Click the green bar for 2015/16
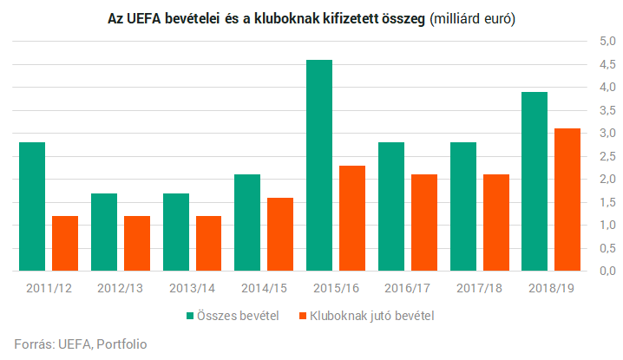(x=319, y=165)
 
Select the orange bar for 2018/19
(x=567, y=200)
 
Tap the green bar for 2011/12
(x=32, y=206)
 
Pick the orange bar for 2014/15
(x=280, y=234)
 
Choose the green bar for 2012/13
(x=104, y=232)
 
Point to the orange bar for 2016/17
(x=424, y=222)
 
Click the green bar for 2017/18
(x=462, y=206)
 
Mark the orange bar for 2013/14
(x=208, y=243)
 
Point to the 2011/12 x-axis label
(x=49, y=286)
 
